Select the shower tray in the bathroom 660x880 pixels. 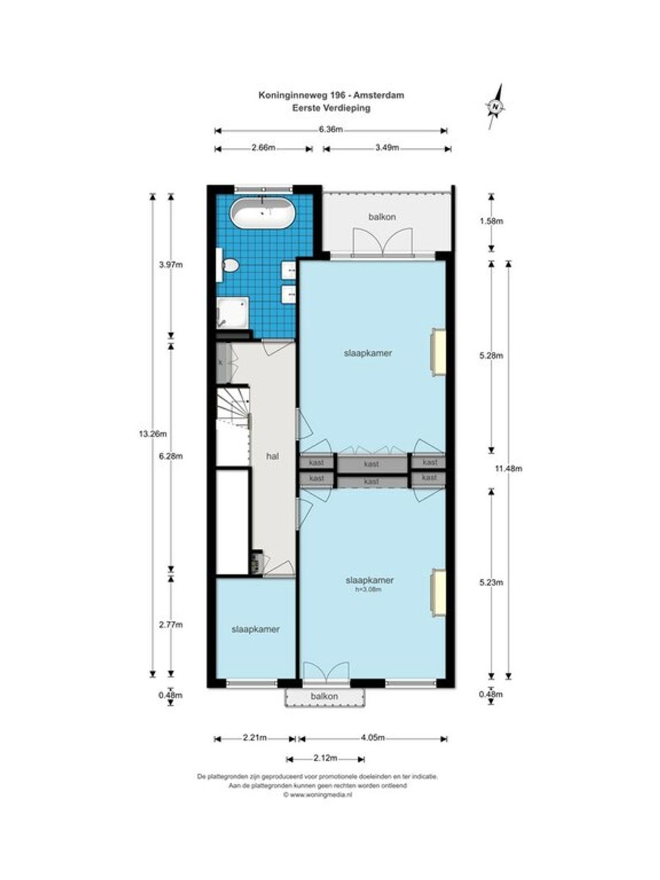coord(232,313)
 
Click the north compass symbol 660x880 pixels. coord(496,107)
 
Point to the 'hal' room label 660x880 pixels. coord(273,456)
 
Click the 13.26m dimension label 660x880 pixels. coord(153,433)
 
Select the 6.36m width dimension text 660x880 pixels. coord(331,129)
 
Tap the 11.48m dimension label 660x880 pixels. coord(508,468)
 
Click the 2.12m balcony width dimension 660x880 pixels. coord(325,758)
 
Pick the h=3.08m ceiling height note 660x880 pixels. coord(369,589)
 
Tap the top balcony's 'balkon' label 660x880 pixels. coord(383,217)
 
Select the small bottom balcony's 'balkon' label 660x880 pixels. coord(324,696)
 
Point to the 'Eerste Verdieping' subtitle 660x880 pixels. coord(331,108)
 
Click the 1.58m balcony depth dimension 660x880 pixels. coord(491,221)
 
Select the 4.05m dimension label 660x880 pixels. coord(372,737)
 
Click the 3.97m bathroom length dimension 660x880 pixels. coord(170,265)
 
